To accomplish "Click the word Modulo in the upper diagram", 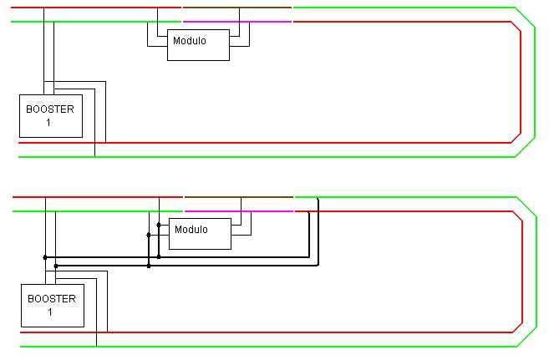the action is [190, 41].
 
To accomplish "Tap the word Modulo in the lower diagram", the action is [191, 230].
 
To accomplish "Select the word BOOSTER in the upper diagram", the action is [50, 109].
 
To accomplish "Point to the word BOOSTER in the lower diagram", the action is [52, 299].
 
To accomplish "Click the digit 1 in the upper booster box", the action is [48, 123].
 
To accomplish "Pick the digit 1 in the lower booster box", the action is [50, 312].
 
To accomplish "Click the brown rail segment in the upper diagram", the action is [237, 8].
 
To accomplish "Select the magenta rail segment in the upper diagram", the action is [237, 22].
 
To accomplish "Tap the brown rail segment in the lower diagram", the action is [239, 197].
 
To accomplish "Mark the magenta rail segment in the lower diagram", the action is [239, 211].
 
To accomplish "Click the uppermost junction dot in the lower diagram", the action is [159, 225].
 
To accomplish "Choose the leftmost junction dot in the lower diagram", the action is [45, 257].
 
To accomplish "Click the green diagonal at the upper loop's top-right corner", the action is [525, 18].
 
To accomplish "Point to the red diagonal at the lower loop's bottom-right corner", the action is [517, 327].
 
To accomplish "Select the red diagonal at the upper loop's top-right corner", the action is [516, 27].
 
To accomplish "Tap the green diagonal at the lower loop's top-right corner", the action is [526, 207].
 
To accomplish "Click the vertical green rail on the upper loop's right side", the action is [535, 83].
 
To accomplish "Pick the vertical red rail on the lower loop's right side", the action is [522, 272].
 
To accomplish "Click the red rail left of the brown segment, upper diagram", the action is [96, 8].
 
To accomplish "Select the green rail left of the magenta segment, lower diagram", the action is [98, 211].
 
